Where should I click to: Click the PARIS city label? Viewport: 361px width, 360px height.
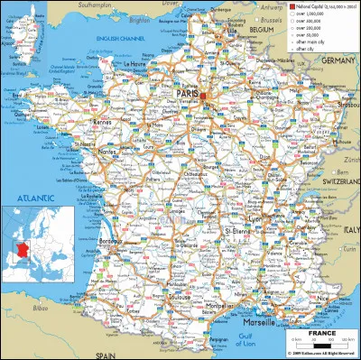[x=189, y=92]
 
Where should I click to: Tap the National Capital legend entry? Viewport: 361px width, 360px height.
[x=310, y=5]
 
